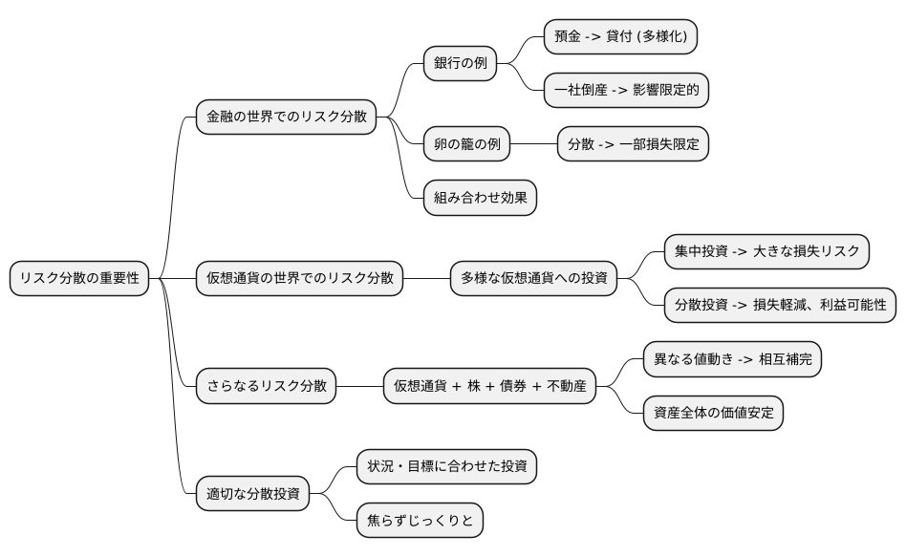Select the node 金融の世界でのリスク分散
[x=285, y=118]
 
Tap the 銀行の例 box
[x=461, y=64]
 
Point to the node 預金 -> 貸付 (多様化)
[x=621, y=37]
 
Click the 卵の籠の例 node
[x=467, y=144]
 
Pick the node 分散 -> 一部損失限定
[x=633, y=144]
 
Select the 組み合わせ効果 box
[x=480, y=198]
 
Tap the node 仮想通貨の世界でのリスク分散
[x=299, y=278]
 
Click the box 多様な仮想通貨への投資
[x=534, y=278]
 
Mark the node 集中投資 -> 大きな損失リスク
[x=766, y=251]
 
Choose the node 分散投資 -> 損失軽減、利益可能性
[x=780, y=305]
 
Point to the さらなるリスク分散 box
[x=266, y=386]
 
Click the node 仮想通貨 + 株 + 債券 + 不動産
[x=490, y=386]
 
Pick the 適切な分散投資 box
[x=252, y=494]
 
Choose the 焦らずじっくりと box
[x=420, y=521]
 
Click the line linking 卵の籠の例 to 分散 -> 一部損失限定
[x=533, y=144]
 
